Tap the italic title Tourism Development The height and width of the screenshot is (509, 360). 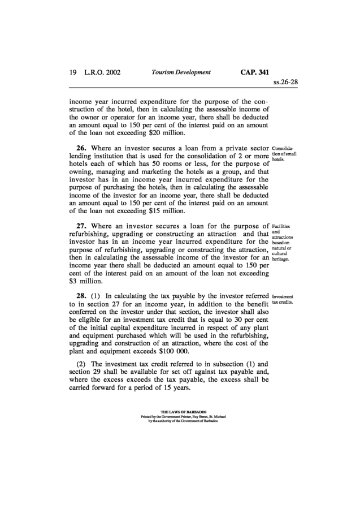click(x=181, y=72)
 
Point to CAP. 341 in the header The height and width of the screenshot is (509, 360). click(x=251, y=72)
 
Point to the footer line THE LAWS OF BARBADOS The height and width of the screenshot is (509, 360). click(x=179, y=412)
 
